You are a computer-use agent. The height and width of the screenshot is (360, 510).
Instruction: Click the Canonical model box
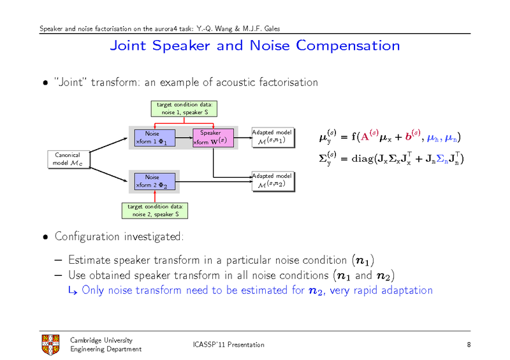(68, 159)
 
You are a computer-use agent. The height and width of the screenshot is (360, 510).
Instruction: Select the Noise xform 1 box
(152, 138)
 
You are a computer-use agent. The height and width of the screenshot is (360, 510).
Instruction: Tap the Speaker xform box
(213, 138)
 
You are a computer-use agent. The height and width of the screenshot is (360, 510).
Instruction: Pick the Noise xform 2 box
(152, 181)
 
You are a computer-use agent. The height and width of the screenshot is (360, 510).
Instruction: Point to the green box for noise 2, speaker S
(155, 210)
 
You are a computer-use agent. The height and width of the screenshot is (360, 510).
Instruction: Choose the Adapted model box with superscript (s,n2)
(272, 180)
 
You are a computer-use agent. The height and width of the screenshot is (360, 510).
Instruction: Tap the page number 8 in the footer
(469, 345)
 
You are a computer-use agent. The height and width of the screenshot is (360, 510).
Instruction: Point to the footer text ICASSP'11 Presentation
(228, 345)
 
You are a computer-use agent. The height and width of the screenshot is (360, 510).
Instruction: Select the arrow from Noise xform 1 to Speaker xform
(184, 138)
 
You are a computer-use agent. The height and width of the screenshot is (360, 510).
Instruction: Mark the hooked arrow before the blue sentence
(73, 291)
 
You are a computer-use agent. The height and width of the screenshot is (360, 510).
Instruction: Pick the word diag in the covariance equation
(360, 158)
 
